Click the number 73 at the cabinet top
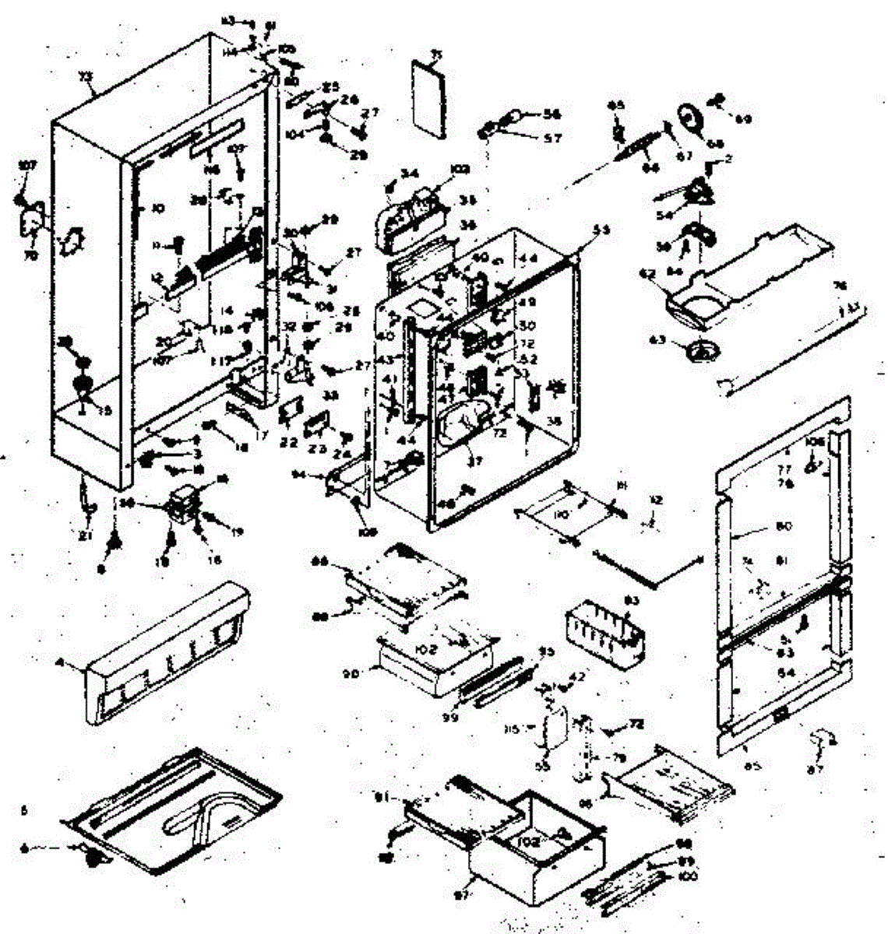[x=85, y=76]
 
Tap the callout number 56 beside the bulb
[x=553, y=114]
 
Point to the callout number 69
[x=743, y=119]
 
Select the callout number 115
[x=534, y=729]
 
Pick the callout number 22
[x=289, y=443]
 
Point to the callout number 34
[x=409, y=173]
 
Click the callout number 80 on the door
[x=784, y=527]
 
